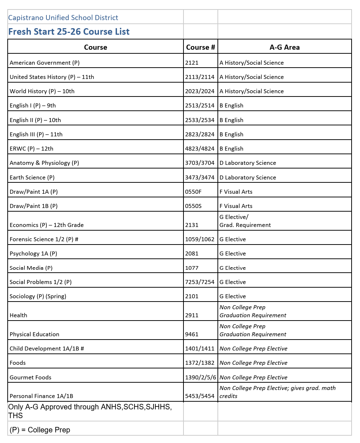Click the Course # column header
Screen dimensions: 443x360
click(200, 47)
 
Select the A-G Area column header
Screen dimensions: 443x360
click(284, 47)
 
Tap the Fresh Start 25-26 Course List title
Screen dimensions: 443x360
click(69, 32)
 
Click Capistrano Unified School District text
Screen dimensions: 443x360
click(63, 18)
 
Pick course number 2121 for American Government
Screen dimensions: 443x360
click(192, 63)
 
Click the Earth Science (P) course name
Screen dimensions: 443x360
click(32, 178)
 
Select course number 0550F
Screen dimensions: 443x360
click(193, 192)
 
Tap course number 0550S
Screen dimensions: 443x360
click(193, 206)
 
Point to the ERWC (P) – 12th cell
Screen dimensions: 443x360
click(31, 149)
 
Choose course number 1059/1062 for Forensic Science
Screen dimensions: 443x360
click(200, 239)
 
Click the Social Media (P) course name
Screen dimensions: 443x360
click(31, 268)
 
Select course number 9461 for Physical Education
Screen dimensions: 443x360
click(192, 334)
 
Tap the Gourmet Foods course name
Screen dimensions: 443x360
click(30, 378)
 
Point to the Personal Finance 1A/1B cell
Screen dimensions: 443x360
click(41, 396)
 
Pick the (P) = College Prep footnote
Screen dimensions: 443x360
click(40, 430)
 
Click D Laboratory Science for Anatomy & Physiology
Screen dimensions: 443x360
click(248, 163)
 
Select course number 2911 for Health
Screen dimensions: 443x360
click(192, 315)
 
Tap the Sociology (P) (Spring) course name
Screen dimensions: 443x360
click(38, 296)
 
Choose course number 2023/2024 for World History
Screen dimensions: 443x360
click(200, 91)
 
